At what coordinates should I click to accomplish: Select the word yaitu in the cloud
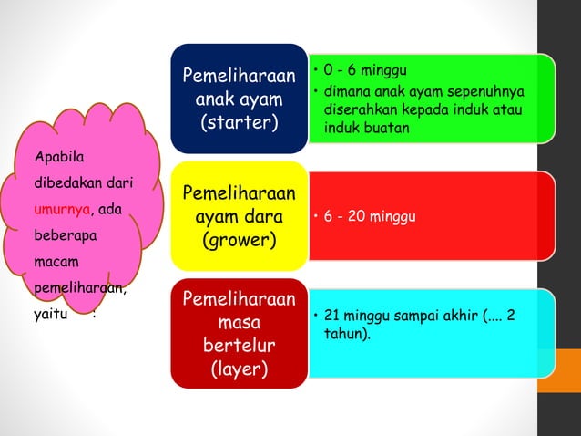[47, 317]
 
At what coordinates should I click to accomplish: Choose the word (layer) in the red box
[240, 369]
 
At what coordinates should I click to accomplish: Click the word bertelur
[240, 347]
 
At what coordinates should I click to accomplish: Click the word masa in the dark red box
[240, 323]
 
